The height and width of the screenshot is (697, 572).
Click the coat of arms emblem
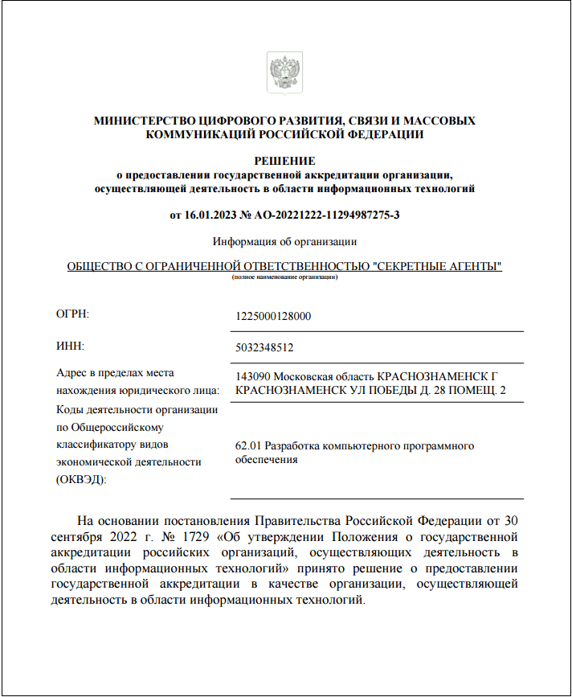click(284, 72)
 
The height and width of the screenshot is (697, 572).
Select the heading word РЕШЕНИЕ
click(284, 161)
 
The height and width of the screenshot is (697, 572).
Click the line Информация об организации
click(284, 241)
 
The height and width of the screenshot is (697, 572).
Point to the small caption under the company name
click(284, 277)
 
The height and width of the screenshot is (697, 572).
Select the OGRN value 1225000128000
click(273, 316)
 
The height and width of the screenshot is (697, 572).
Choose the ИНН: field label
click(70, 346)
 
